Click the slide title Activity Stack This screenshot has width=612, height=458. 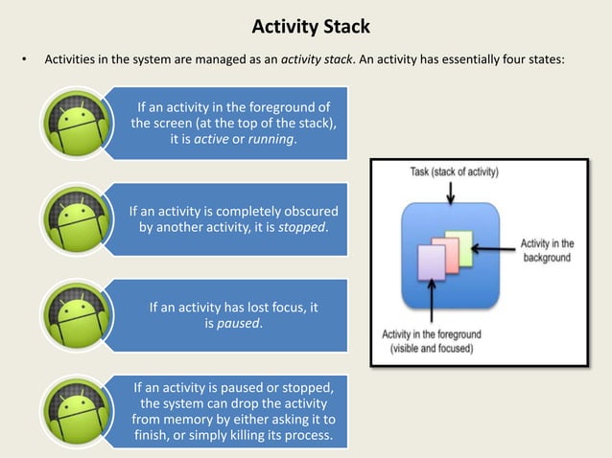(305, 24)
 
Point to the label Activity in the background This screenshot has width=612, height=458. (548, 250)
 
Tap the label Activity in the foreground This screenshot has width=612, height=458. (432, 341)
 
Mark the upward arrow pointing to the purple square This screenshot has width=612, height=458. (433, 305)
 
